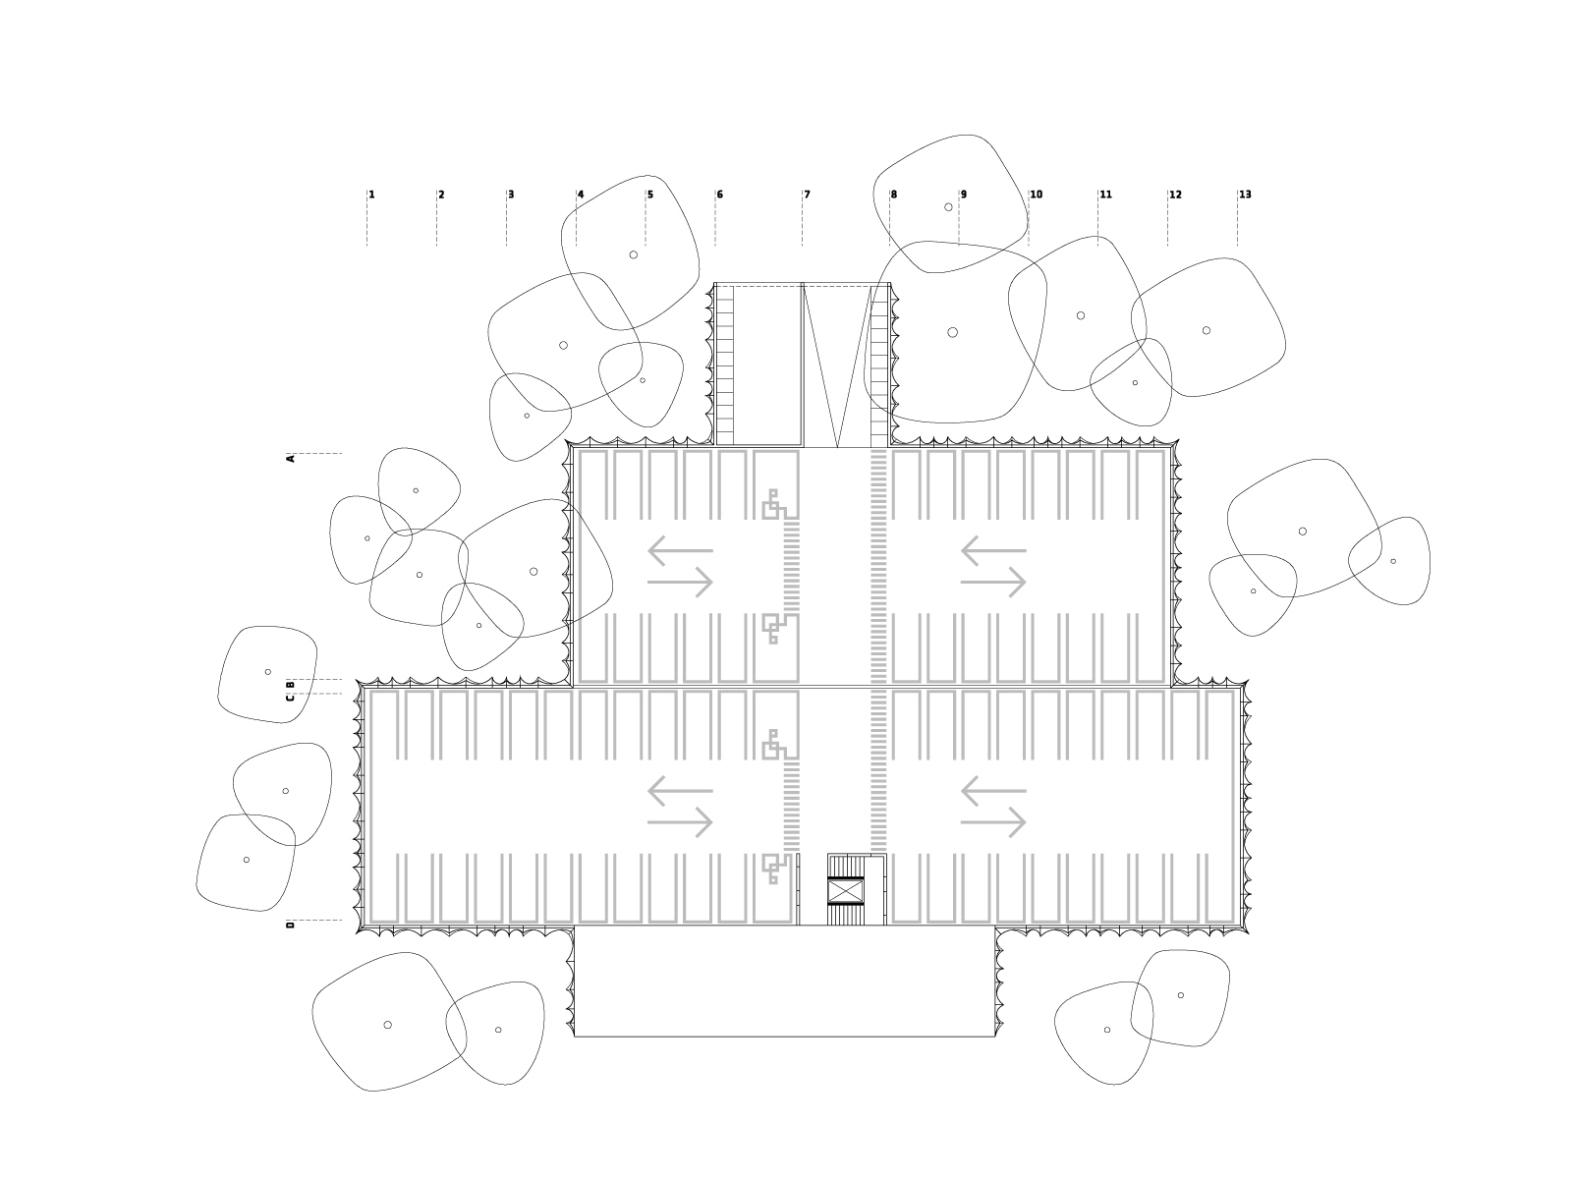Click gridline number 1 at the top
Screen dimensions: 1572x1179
pyautogui.click(x=371, y=195)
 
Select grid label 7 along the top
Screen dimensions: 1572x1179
pyautogui.click(x=808, y=195)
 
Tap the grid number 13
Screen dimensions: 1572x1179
pyautogui.click(x=1246, y=195)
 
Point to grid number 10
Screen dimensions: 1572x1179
pyautogui.click(x=1037, y=195)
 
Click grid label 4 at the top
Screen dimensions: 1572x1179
pyautogui.click(x=581, y=195)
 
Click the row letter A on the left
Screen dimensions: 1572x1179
pyautogui.click(x=291, y=459)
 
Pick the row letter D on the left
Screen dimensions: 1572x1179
pyautogui.click(x=291, y=926)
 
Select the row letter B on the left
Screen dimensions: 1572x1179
pyautogui.click(x=291, y=685)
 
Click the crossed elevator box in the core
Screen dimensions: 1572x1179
pyautogui.click(x=846, y=891)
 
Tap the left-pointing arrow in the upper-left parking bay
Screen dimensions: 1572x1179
pyautogui.click(x=680, y=550)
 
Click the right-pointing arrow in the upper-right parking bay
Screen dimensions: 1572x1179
pyautogui.click(x=993, y=583)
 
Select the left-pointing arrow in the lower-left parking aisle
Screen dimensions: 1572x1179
pyautogui.click(x=680, y=791)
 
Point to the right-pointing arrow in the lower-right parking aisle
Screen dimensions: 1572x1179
pyautogui.click(x=993, y=823)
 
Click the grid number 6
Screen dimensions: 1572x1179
pyautogui.click(x=720, y=195)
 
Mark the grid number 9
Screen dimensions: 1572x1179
pyautogui.click(x=964, y=195)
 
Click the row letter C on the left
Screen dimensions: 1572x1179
pyautogui.click(x=291, y=698)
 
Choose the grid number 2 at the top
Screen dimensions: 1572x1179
pyautogui.click(x=441, y=195)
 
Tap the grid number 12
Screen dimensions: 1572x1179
pyautogui.click(x=1176, y=195)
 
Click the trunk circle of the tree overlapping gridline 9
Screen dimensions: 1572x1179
pyautogui.click(x=949, y=207)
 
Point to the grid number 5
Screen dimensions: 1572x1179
pyautogui.click(x=650, y=195)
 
